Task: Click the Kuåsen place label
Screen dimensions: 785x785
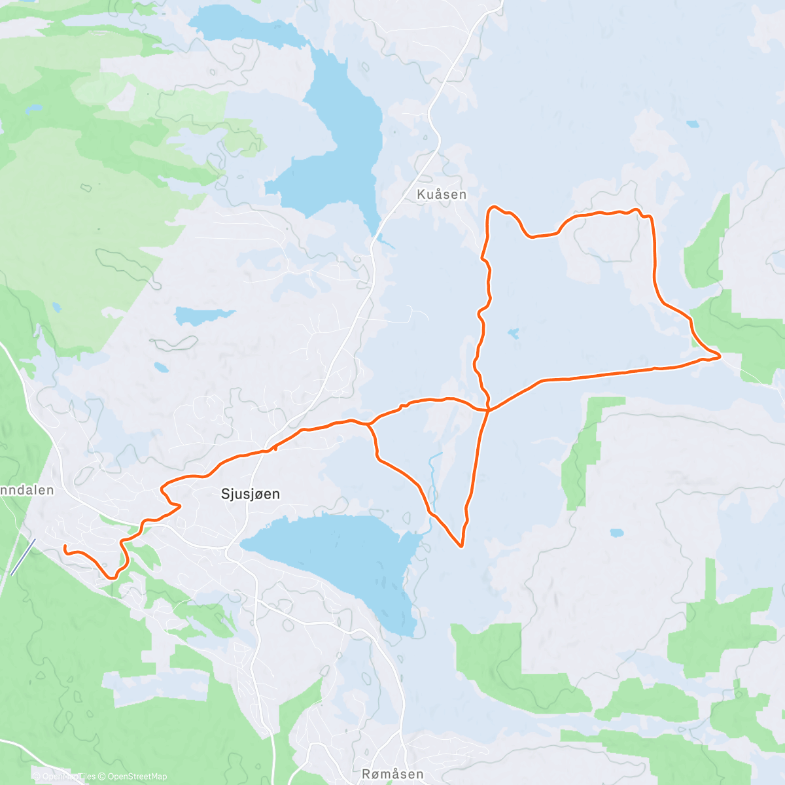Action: [442, 194]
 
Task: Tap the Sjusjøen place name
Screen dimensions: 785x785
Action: [251, 494]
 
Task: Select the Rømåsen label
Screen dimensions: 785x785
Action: [392, 774]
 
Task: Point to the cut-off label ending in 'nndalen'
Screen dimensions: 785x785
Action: [27, 489]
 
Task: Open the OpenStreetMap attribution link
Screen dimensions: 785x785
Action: [137, 776]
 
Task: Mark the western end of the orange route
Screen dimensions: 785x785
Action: [65, 546]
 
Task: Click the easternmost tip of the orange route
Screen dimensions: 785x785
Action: [720, 356]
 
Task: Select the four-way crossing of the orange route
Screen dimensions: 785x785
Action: [488, 410]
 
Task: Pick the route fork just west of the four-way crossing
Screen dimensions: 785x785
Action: [368, 424]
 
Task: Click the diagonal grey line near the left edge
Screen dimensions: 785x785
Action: [22, 557]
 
